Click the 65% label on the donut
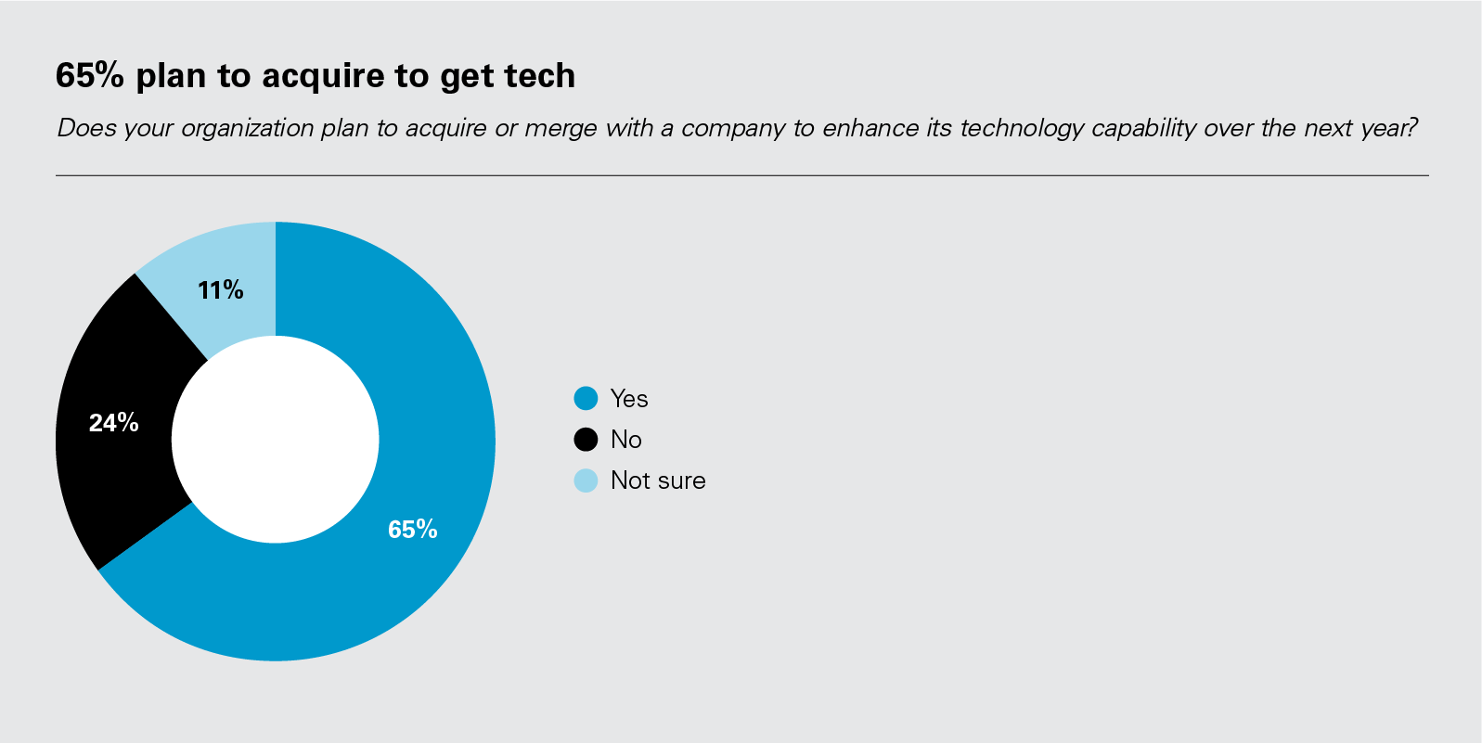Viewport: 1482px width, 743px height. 412,530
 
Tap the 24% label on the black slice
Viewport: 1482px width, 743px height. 113,423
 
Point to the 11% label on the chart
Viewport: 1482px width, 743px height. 220,290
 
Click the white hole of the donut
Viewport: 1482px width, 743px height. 276,440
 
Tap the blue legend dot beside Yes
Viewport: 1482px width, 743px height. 586,399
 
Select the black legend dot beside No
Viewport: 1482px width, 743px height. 586,440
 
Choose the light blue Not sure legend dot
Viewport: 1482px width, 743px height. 586,480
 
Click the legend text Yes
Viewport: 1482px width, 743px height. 629,399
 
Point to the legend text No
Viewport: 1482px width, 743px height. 626,440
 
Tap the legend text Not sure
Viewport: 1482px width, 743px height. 658,480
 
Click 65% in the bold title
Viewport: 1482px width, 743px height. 89,75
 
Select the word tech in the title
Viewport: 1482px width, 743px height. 541,75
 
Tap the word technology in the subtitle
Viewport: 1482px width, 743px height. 1021,128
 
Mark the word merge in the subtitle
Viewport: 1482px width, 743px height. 561,128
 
